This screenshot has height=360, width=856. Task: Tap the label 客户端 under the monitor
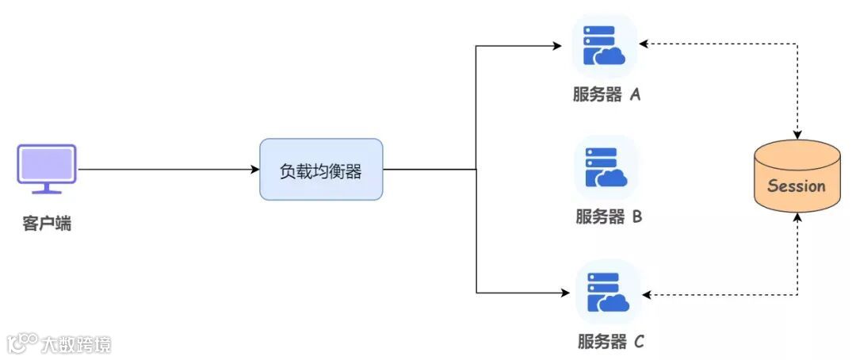pos(47,224)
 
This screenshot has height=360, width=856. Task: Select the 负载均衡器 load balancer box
pos(321,169)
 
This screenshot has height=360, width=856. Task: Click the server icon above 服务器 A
pos(604,46)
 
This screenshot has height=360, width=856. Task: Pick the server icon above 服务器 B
pos(606,167)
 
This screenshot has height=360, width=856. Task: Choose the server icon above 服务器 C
pos(606,293)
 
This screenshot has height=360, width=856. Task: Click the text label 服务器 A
pos(606,95)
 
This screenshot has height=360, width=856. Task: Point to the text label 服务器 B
pos(608,216)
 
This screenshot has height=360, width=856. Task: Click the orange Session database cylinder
pos(797,176)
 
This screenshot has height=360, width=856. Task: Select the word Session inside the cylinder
pos(797,186)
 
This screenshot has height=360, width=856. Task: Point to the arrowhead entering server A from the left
pos(558,46)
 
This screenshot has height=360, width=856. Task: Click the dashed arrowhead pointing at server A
pos(644,44)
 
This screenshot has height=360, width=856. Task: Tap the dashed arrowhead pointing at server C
pos(647,295)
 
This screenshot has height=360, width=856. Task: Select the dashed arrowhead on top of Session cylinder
pos(797,134)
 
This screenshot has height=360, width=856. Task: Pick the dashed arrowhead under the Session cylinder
pos(797,217)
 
